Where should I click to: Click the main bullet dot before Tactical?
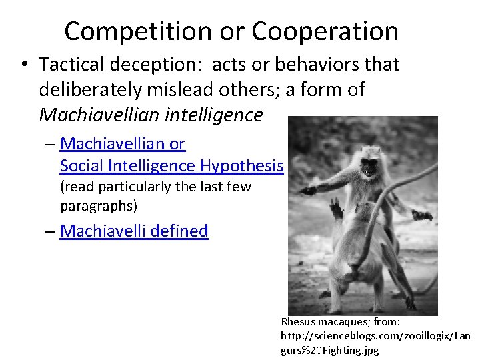tap(24, 65)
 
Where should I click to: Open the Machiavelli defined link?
tap(134, 231)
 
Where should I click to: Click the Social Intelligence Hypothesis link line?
tap(171, 165)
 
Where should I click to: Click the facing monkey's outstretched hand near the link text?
tap(308, 191)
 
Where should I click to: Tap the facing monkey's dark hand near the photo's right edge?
tap(423, 215)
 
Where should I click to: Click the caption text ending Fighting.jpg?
tap(330, 349)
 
